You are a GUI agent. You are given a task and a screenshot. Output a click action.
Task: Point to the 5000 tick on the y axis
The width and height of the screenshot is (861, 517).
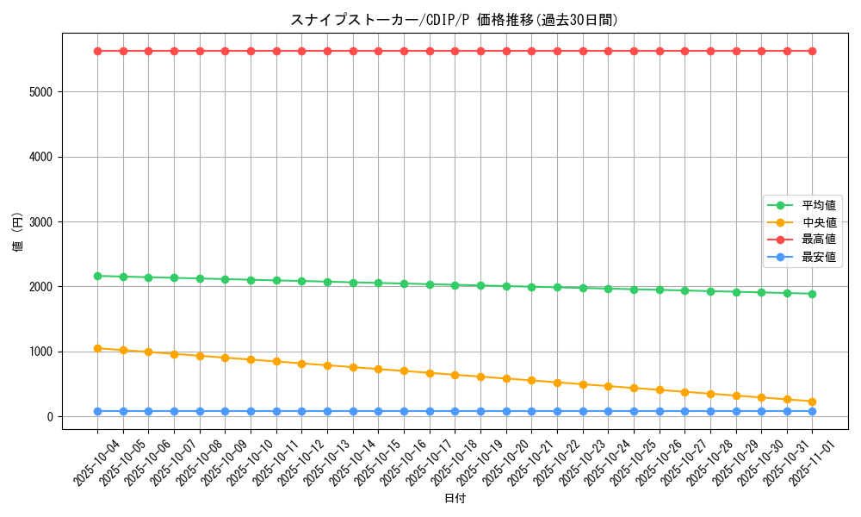[x=40, y=92]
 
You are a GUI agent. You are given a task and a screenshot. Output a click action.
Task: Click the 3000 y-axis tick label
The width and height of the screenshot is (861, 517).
[x=40, y=222]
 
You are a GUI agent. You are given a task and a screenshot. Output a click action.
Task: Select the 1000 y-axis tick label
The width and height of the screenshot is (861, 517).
[x=40, y=352]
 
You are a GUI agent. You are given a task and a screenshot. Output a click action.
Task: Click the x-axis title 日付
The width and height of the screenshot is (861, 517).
[x=455, y=499]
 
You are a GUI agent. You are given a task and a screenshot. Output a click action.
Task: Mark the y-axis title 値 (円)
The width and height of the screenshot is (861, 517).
[x=18, y=233]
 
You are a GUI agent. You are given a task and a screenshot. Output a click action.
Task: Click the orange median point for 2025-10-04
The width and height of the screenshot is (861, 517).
[x=97, y=348]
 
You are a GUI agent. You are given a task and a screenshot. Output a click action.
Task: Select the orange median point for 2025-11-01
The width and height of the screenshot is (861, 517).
[x=812, y=402]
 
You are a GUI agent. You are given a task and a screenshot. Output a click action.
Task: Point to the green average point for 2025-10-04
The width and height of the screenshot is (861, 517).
[x=97, y=276]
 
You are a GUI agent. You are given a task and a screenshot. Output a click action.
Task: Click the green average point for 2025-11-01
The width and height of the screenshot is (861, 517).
[x=812, y=294]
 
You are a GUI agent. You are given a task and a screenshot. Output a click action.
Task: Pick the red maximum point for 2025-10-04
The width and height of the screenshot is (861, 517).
[x=97, y=51]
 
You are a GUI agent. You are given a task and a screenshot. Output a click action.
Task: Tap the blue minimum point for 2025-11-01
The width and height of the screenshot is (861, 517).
[x=812, y=411]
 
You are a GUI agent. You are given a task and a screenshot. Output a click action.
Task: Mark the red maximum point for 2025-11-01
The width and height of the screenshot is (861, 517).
[x=812, y=51]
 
